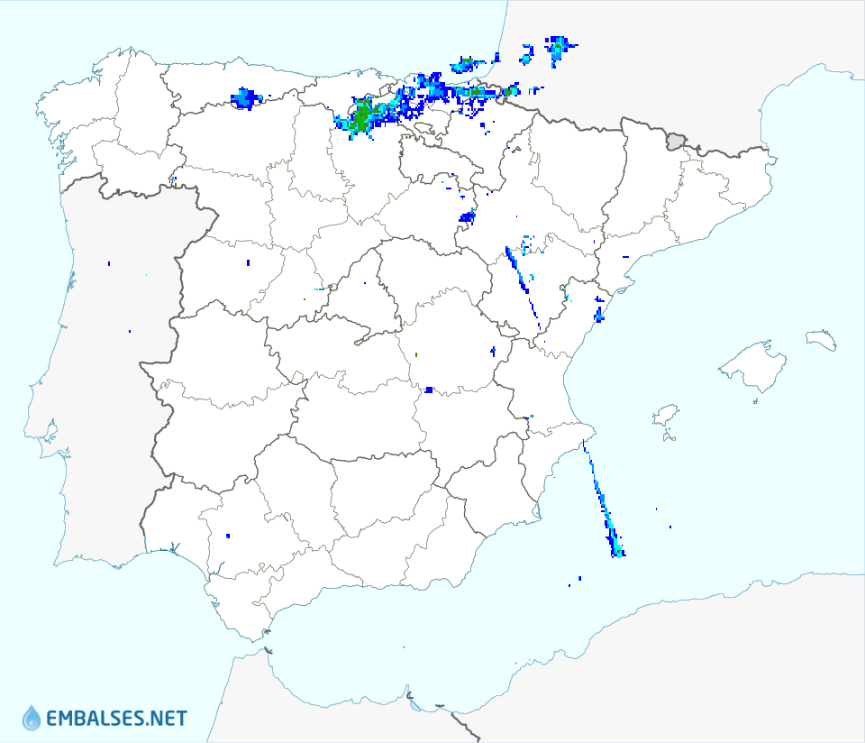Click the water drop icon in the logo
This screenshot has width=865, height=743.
(32, 718)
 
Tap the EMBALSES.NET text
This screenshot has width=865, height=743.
(116, 719)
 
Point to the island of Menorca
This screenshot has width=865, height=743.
(820, 339)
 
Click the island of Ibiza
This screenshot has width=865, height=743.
(665, 417)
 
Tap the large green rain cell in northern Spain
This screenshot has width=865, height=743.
(362, 118)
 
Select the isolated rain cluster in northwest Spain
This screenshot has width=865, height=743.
(244, 97)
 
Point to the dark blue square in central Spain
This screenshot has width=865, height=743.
(429, 390)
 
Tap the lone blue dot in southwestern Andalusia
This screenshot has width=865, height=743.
(228, 537)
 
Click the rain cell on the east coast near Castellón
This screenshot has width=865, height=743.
(599, 314)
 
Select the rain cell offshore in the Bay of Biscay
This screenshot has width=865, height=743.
(466, 64)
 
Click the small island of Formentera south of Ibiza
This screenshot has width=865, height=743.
(669, 438)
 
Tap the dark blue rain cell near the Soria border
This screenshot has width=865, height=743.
(467, 216)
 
